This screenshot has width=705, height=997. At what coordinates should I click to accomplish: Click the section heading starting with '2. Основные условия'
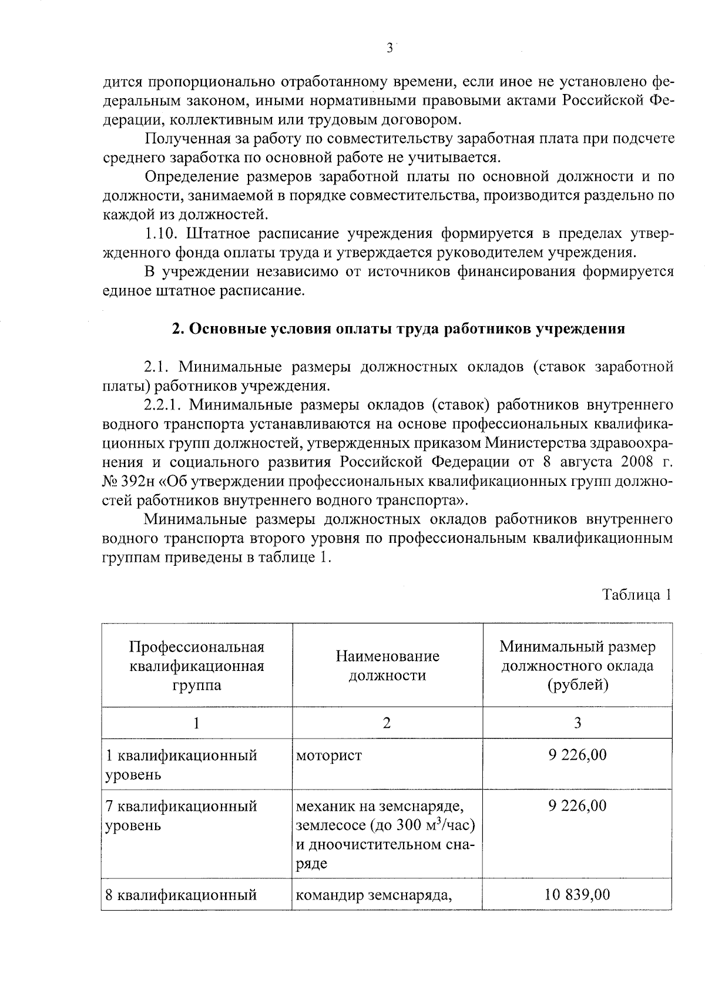click(398, 329)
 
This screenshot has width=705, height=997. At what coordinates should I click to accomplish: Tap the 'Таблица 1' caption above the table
click(636, 595)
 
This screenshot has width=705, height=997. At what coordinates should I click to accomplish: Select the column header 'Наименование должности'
click(387, 666)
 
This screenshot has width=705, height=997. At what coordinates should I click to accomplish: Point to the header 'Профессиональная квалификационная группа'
click(197, 666)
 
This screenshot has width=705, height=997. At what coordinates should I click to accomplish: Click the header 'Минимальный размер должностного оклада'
click(578, 666)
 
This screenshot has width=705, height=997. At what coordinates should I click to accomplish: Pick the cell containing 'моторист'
click(329, 754)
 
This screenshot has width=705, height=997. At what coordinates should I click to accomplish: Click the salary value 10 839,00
click(578, 895)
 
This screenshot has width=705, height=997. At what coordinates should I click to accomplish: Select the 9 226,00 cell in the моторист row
click(578, 754)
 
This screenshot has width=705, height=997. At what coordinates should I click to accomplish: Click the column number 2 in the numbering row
click(387, 723)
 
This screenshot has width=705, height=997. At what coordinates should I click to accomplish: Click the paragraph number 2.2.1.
click(164, 405)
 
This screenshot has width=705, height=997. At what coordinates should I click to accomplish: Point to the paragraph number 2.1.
click(157, 367)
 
